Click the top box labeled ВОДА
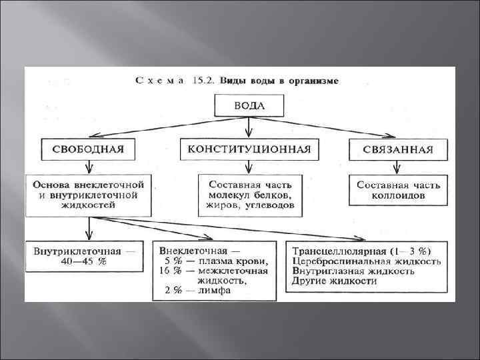pyautogui.click(x=249, y=106)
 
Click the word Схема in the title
pyautogui.click(x=158, y=81)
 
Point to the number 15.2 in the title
pyautogui.click(x=198, y=81)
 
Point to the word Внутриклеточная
pyautogui.click(x=77, y=252)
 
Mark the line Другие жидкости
pyautogui.click(x=334, y=281)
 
